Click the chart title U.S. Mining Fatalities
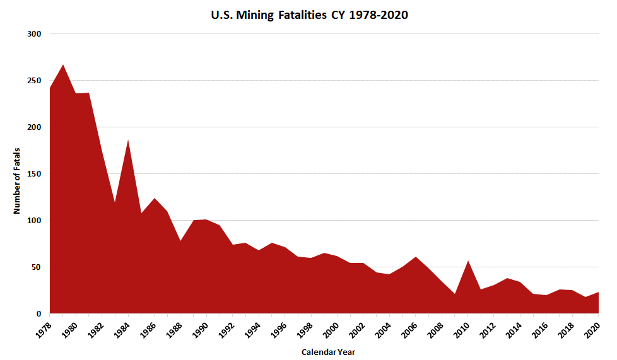pos(309,15)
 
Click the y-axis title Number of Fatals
pos(17,180)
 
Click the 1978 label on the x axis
pos(43,327)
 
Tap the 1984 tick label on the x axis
pos(121,327)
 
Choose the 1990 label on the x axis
pos(199,327)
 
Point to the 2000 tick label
pos(331,327)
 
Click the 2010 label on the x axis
pos(461,327)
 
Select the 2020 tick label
pos(592,327)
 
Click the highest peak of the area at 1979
pos(63,65)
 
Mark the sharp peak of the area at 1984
pos(128,140)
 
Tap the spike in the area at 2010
pos(468,261)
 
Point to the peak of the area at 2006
pos(416,257)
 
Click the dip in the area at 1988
pos(180,241)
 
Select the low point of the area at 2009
pos(455,294)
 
